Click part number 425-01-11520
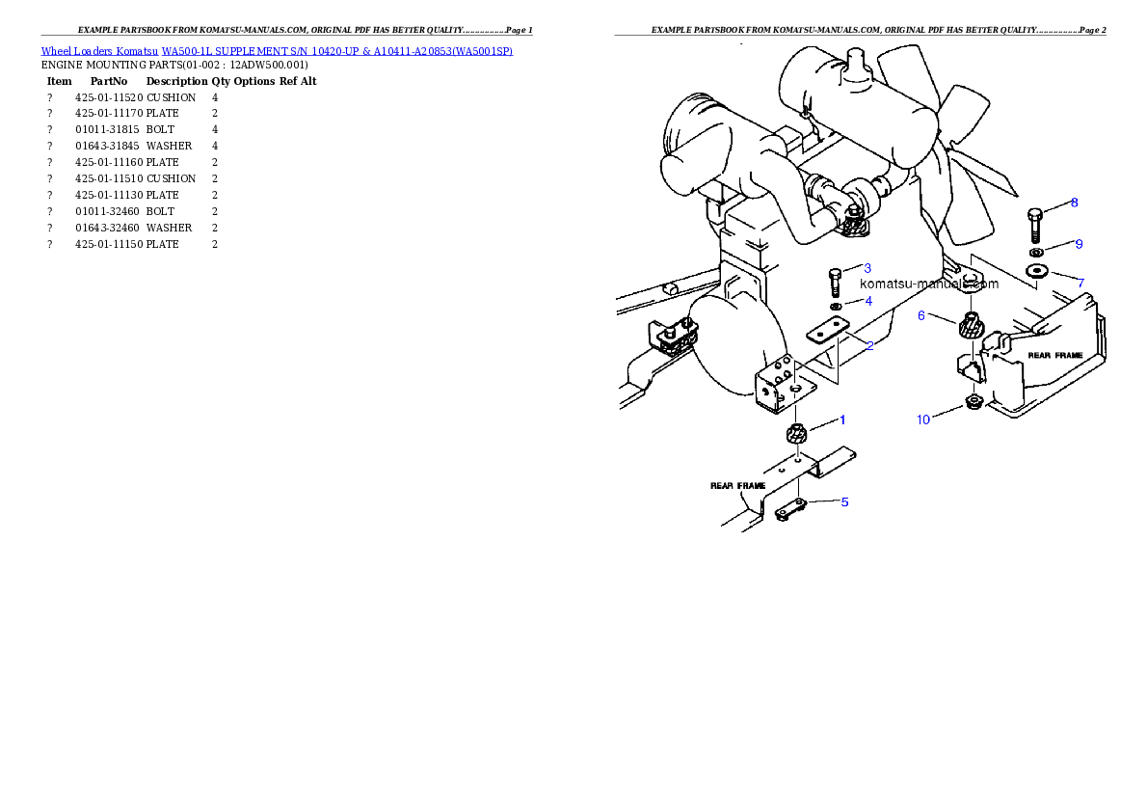tap(109, 97)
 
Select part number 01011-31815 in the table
tap(107, 129)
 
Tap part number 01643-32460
tap(107, 228)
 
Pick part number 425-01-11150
tap(109, 245)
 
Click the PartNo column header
tap(109, 81)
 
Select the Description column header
tap(177, 81)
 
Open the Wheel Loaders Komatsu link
tap(99, 51)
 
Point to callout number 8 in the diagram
tap(1074, 203)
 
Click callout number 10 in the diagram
tap(923, 420)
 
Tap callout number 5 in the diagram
tap(845, 502)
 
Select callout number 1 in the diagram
tap(842, 420)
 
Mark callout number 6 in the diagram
tap(921, 315)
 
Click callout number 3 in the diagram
tap(867, 268)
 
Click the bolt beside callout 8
tap(1034, 226)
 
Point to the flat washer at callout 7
tap(1036, 272)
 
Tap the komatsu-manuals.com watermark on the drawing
tap(929, 284)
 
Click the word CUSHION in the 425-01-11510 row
tap(172, 178)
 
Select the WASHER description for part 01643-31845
tap(169, 146)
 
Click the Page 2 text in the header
tap(1092, 30)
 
